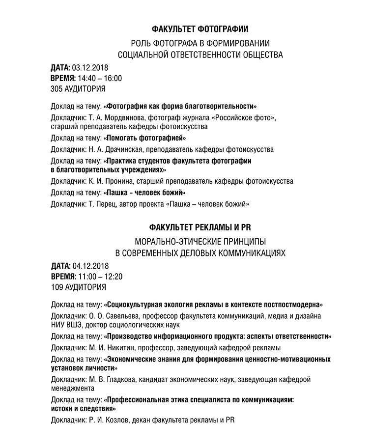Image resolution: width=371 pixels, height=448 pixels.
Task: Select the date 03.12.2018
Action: tap(90, 67)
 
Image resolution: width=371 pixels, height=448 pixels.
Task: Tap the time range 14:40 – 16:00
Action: tap(100, 78)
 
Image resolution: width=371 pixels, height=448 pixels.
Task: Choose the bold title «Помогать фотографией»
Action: tap(145, 138)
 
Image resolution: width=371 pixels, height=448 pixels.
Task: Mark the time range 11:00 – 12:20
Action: tap(100, 277)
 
